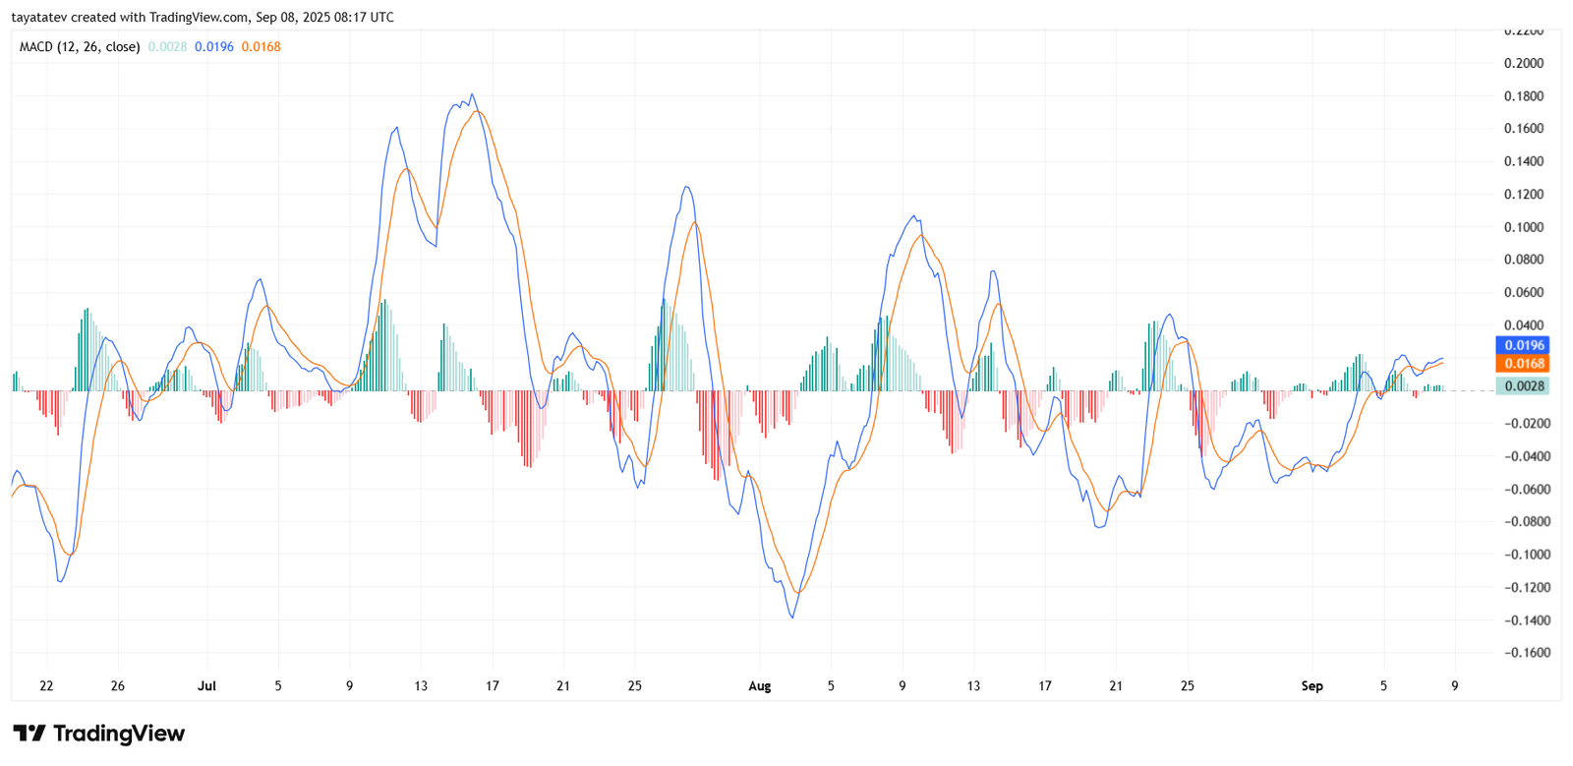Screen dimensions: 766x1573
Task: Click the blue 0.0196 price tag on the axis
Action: pos(1523,345)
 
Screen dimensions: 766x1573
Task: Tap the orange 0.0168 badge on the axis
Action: pos(1523,364)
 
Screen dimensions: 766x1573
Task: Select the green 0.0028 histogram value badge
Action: pos(1523,386)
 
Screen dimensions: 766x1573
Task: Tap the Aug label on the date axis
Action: pos(759,686)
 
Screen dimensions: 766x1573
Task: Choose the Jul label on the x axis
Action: pos(206,686)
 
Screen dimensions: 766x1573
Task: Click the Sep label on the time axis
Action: pos(1311,686)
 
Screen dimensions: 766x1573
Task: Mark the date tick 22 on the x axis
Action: pos(46,686)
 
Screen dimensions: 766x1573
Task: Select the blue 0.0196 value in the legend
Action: pos(214,47)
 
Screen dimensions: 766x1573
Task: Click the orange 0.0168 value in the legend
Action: pos(261,47)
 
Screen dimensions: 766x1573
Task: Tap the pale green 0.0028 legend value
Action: pos(167,47)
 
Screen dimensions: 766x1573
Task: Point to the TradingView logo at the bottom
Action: pos(98,734)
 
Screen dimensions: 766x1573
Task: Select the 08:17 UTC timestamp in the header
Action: pos(365,18)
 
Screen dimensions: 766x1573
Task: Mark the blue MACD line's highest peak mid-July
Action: pos(473,94)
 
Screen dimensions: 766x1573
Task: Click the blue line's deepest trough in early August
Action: pos(792,618)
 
